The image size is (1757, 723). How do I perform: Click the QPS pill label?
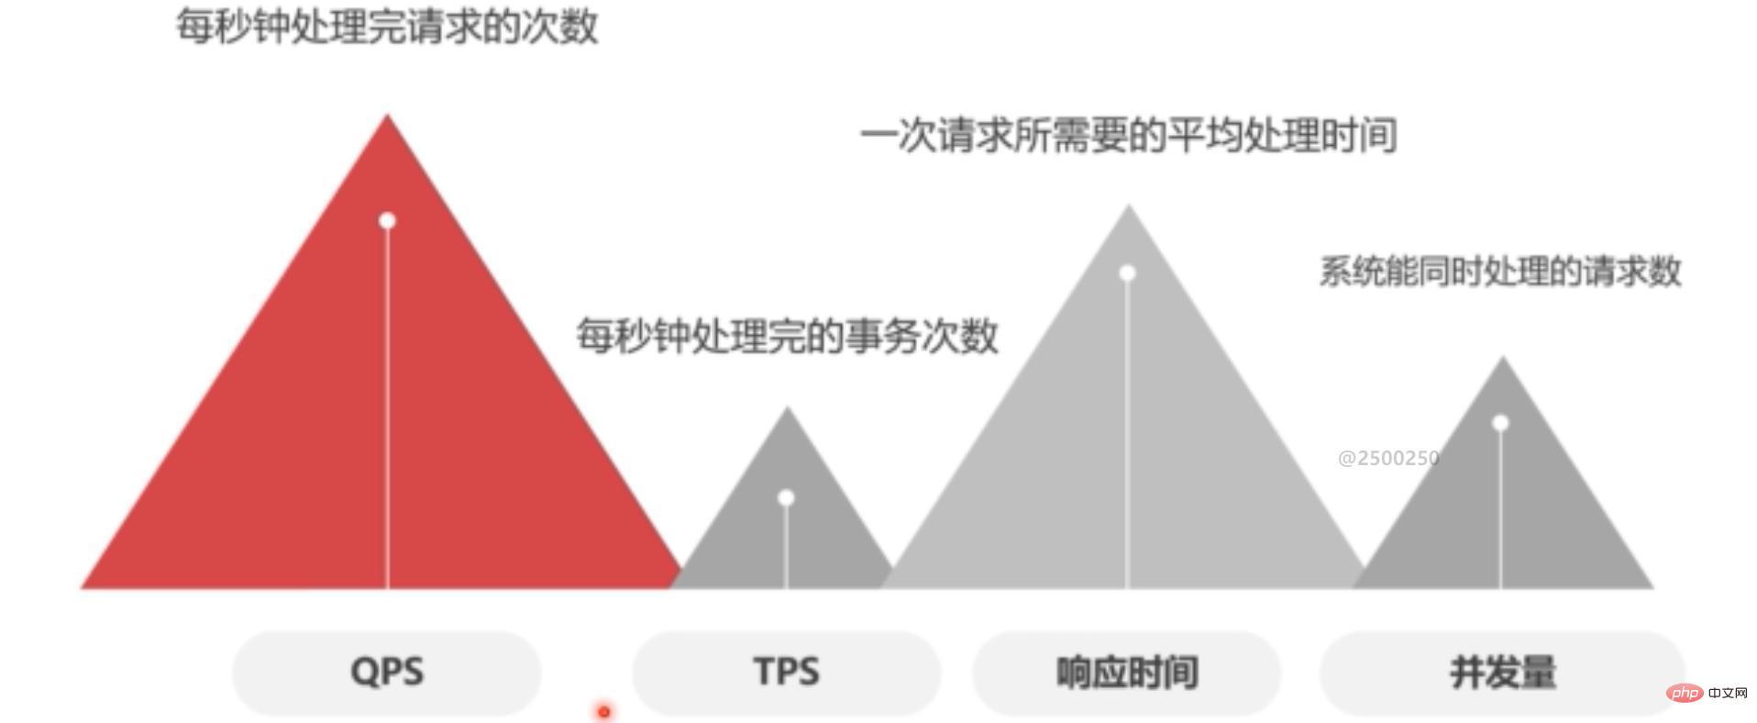pyautogui.click(x=387, y=673)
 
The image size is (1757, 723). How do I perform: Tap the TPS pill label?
pyautogui.click(x=787, y=673)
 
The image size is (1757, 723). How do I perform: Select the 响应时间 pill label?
pyautogui.click(x=1127, y=673)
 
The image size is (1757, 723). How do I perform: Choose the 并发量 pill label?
pyautogui.click(x=1502, y=673)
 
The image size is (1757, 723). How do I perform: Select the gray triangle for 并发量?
pyautogui.click(x=1502, y=495)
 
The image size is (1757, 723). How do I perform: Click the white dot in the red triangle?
pyautogui.click(x=387, y=220)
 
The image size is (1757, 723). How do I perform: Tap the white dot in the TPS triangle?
pyautogui.click(x=786, y=498)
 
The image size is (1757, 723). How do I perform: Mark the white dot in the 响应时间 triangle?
pyautogui.click(x=1128, y=273)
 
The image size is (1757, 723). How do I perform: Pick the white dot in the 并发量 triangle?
pyautogui.click(x=1500, y=423)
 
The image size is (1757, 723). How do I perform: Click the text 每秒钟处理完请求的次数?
pyautogui.click(x=387, y=26)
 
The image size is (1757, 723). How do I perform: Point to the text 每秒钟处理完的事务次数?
pyautogui.click(x=787, y=336)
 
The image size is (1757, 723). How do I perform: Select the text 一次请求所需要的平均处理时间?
pyautogui.click(x=1128, y=136)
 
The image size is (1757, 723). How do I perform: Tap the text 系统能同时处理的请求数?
pyautogui.click(x=1500, y=272)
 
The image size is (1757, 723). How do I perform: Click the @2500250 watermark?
pyautogui.click(x=1388, y=458)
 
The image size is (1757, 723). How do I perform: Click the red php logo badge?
pyautogui.click(x=1685, y=693)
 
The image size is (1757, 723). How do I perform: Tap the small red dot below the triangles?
pyautogui.click(x=603, y=711)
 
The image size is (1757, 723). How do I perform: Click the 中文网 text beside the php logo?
pyautogui.click(x=1729, y=693)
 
